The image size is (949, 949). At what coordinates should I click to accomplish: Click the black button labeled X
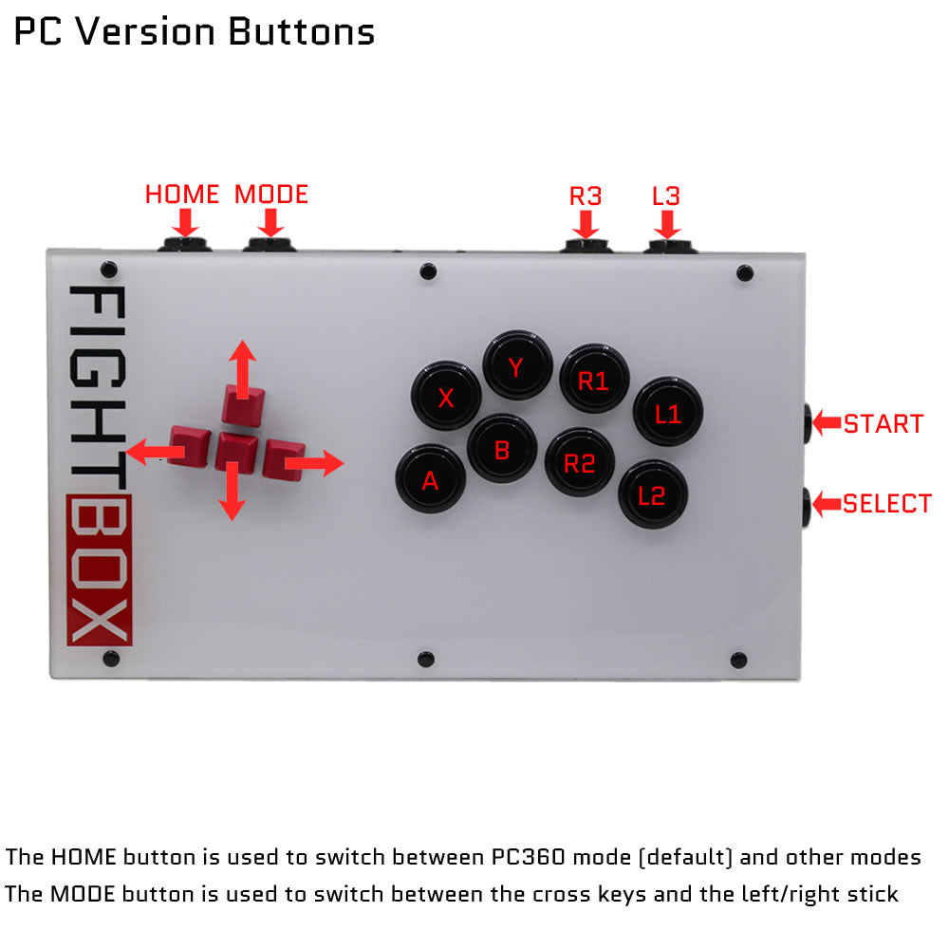[x=445, y=398]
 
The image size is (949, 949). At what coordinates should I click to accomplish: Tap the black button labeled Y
[x=517, y=366]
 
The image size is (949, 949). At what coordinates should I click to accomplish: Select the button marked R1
[x=594, y=381]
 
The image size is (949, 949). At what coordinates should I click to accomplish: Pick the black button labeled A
[x=430, y=480]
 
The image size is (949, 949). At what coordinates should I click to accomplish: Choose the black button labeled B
[x=502, y=450]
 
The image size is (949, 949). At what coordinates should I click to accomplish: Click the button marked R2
[x=579, y=463]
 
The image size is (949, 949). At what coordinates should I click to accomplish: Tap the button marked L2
[x=653, y=494]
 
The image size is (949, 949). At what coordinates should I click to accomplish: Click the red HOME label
[x=182, y=195]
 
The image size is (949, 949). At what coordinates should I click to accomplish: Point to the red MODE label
[x=271, y=195]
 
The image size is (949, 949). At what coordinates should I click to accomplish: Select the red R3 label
[x=586, y=196]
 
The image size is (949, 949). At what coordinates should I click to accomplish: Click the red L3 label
[x=666, y=196]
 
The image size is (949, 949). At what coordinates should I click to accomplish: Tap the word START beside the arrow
[x=884, y=423]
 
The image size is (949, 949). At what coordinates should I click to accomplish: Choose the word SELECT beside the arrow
[x=887, y=504]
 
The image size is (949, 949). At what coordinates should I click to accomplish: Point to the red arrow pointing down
[x=229, y=495]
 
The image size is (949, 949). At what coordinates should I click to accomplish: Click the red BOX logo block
[x=99, y=570]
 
